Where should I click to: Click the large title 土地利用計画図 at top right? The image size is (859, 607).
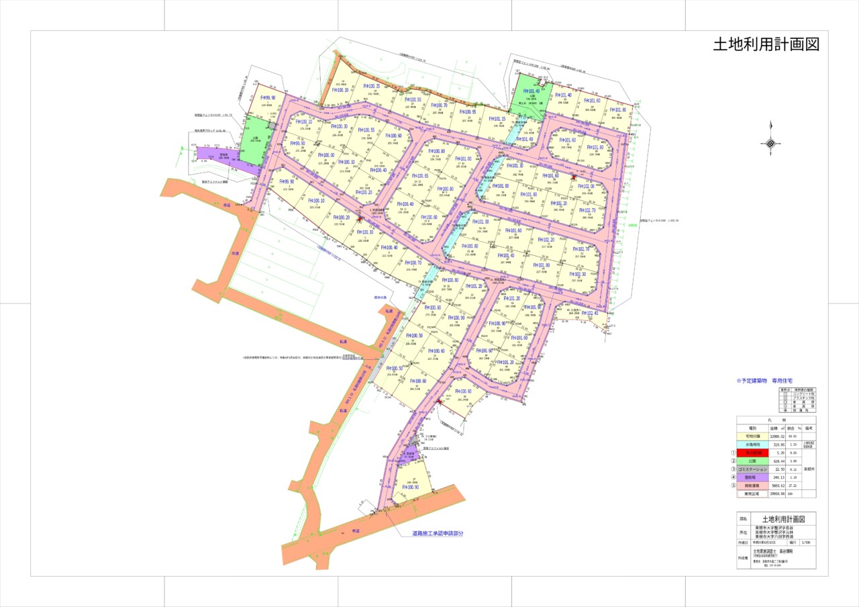[x=766, y=45]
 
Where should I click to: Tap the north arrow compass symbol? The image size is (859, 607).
[x=770, y=142]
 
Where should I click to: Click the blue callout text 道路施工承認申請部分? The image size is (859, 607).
[x=438, y=534]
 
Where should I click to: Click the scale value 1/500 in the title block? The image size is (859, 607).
[x=808, y=542]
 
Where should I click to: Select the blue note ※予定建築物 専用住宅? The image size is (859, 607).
[x=764, y=381]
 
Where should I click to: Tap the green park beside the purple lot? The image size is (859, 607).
[x=252, y=141]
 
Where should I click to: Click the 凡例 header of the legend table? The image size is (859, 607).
[x=776, y=420]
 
